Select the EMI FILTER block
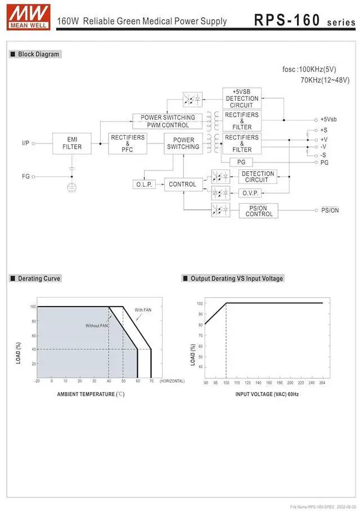(x=72, y=143)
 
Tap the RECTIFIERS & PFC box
(x=128, y=144)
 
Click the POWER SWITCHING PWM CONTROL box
(x=168, y=121)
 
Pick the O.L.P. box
(x=145, y=184)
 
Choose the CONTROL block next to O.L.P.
(x=183, y=184)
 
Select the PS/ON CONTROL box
(x=259, y=210)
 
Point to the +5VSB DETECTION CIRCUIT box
(x=242, y=98)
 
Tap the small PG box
(x=241, y=162)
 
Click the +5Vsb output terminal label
(x=328, y=119)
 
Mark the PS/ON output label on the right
(x=330, y=210)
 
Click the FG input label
(x=26, y=176)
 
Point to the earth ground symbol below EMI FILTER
(x=72, y=187)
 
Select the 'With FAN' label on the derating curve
(x=143, y=310)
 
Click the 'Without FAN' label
(x=97, y=325)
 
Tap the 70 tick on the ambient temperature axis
(x=151, y=381)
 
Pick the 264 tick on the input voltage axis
(x=323, y=383)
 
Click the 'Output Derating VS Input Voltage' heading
(x=236, y=279)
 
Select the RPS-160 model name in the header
(x=286, y=20)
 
